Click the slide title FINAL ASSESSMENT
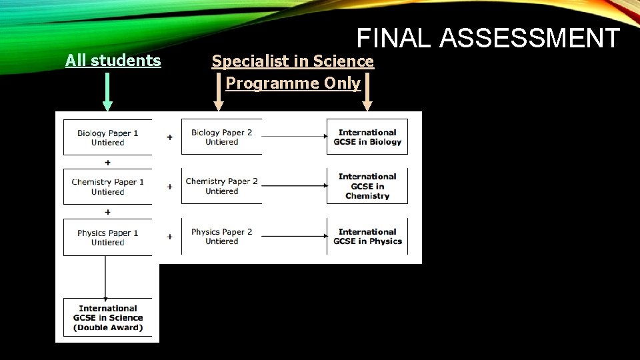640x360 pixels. click(x=488, y=39)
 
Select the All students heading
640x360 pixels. click(x=113, y=61)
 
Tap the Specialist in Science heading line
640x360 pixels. click(x=293, y=61)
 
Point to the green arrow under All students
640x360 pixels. click(x=107, y=91)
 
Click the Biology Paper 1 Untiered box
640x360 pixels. click(x=107, y=137)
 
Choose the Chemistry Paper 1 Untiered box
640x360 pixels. click(x=107, y=187)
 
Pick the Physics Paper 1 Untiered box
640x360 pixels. click(x=107, y=237)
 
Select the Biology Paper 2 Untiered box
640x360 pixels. click(x=221, y=137)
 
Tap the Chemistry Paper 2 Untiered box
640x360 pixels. click(x=221, y=186)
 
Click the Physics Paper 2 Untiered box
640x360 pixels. click(x=221, y=236)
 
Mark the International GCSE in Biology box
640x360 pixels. click(x=367, y=137)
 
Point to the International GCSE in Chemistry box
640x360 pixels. click(x=367, y=186)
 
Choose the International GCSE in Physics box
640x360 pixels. click(x=367, y=236)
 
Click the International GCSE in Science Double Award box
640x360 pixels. click(x=107, y=317)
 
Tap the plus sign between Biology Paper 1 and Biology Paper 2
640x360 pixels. click(x=169, y=137)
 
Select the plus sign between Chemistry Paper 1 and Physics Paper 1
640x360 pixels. click(x=107, y=212)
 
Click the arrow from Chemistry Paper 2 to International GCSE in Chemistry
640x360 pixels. click(x=294, y=186)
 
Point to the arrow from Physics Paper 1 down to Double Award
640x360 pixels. click(x=106, y=277)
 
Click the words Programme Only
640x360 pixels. click(x=293, y=83)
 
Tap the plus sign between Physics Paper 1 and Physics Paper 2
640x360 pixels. click(x=169, y=237)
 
